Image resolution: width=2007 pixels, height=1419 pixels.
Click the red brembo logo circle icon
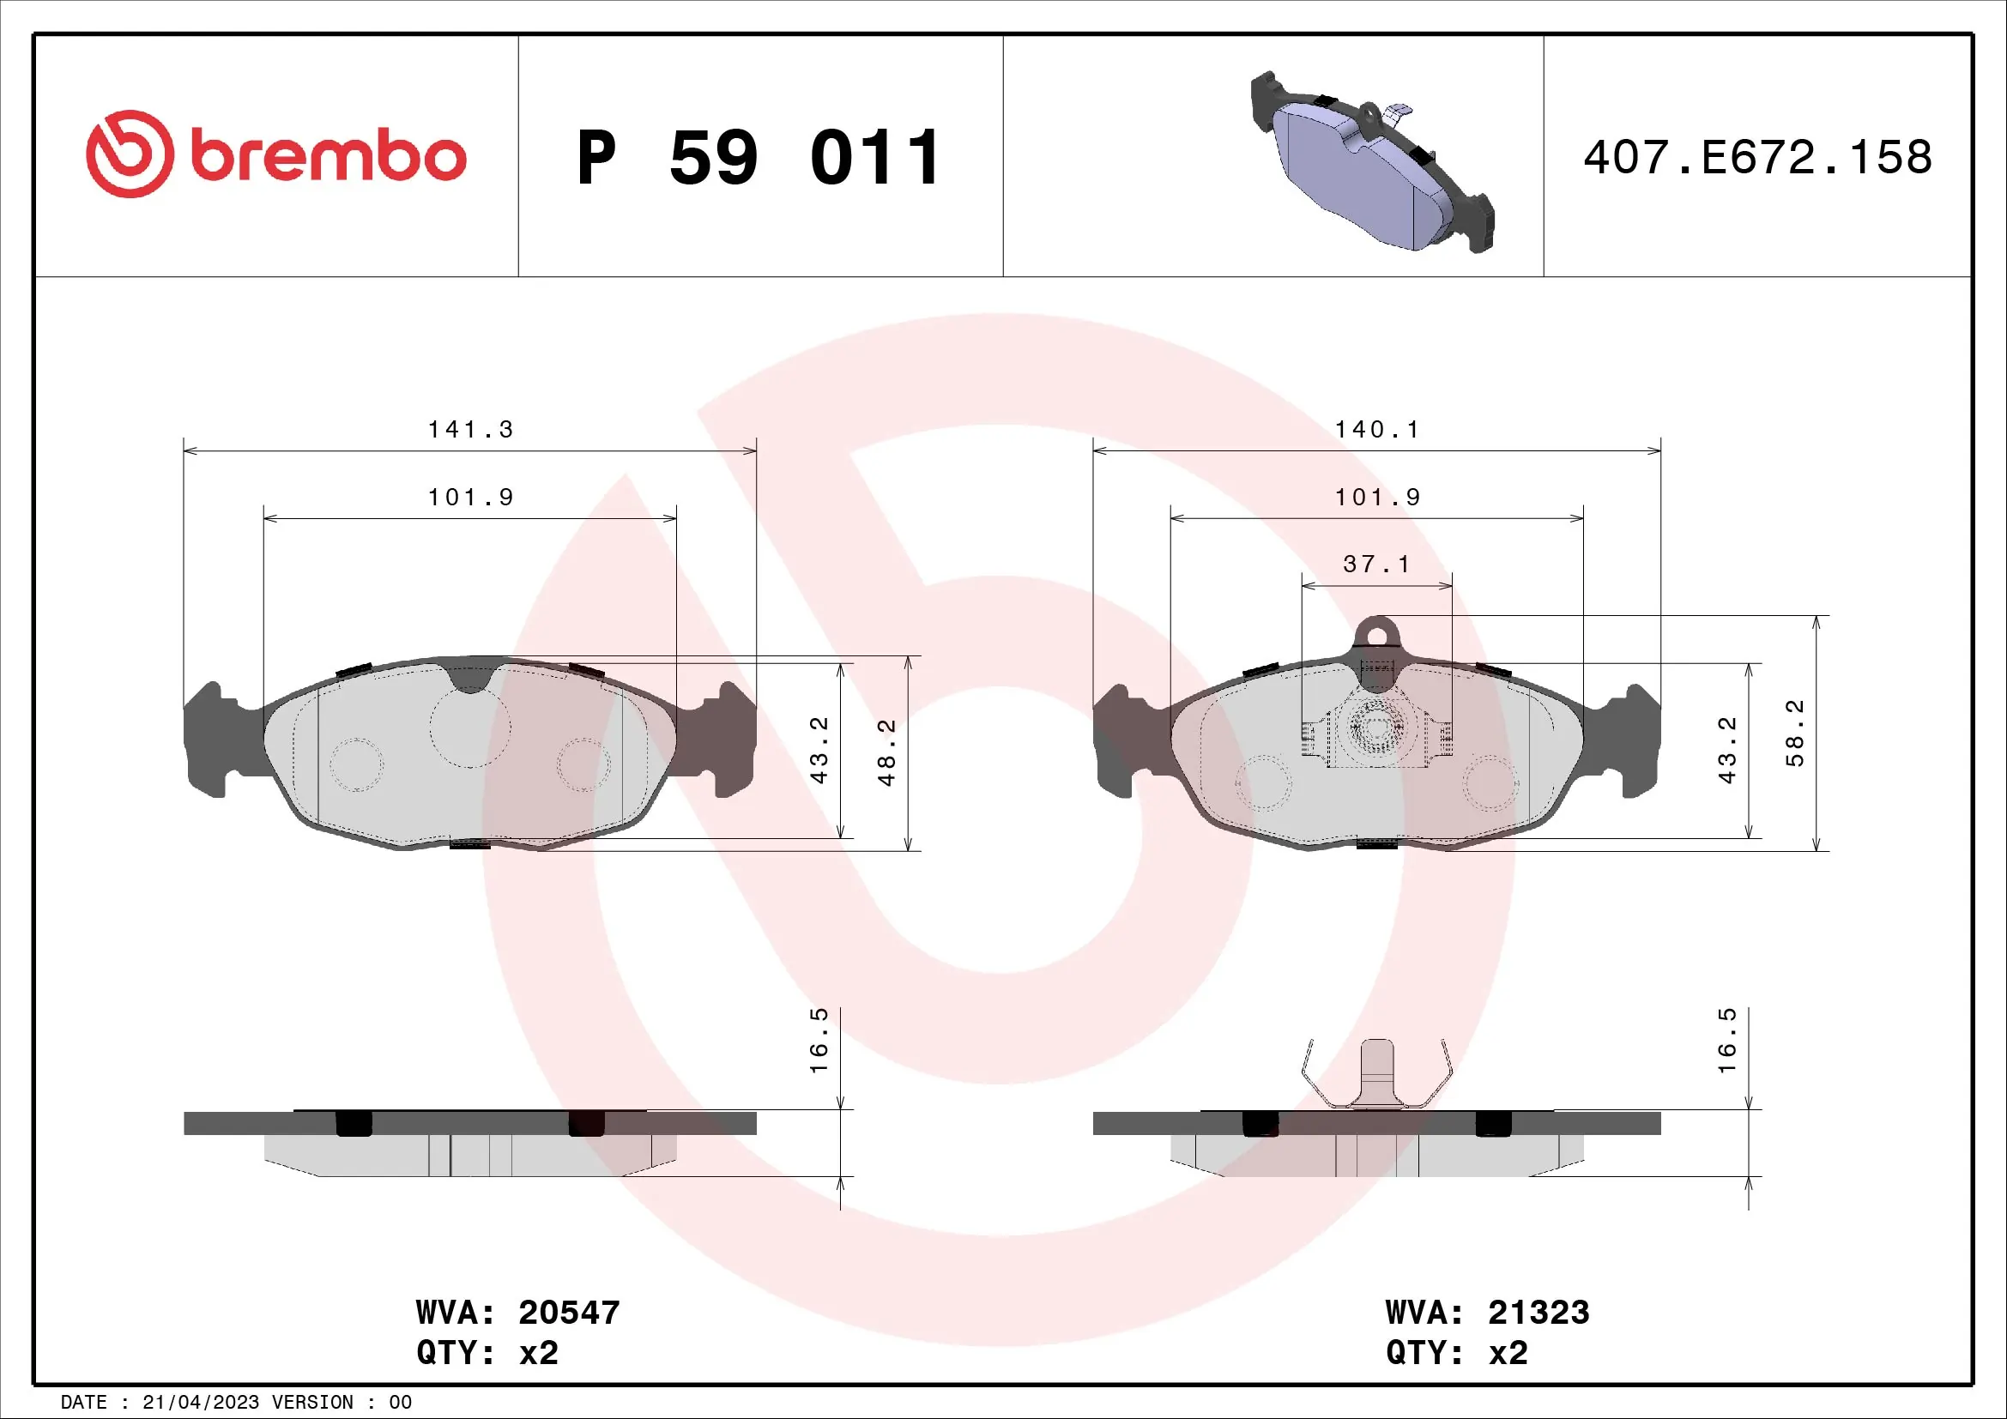(130, 154)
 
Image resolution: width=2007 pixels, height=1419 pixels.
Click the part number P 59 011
(759, 158)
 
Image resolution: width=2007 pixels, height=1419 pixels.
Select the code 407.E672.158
(1757, 157)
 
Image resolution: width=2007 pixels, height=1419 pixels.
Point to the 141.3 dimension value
(470, 430)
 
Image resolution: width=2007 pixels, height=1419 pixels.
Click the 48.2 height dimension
(886, 752)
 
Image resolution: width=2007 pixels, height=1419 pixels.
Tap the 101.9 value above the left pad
(470, 498)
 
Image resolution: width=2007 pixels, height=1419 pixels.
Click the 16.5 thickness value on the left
(819, 1040)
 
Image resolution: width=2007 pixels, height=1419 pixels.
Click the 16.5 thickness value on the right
(1727, 1040)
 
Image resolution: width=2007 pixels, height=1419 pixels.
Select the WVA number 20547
(569, 1313)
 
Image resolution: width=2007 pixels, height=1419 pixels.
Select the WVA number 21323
(1538, 1313)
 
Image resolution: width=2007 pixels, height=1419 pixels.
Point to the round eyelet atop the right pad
(1376, 632)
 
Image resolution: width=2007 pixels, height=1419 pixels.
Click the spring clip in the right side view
(1376, 1075)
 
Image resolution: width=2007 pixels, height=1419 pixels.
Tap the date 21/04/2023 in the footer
(200, 1403)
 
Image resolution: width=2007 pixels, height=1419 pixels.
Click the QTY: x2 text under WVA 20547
(487, 1353)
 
